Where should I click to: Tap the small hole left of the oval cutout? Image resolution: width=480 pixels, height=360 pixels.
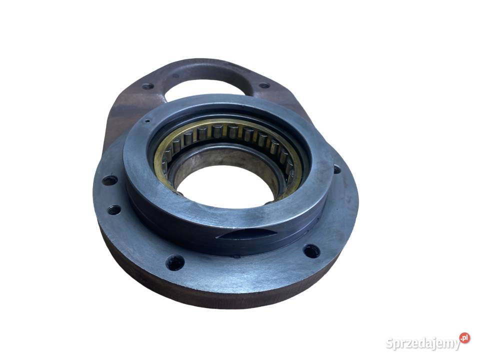[x=148, y=86]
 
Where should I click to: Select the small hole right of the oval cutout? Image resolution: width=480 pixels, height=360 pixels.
[x=264, y=85]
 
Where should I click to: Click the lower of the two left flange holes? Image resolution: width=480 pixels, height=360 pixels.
[x=114, y=210]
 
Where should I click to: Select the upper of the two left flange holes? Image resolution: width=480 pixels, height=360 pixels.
[x=109, y=180]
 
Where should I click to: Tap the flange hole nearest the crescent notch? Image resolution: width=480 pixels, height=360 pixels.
[x=311, y=251]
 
